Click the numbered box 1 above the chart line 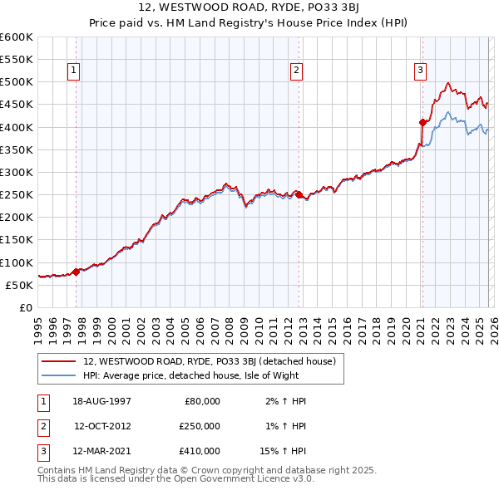coord(74,71)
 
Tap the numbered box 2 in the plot coord(296,71)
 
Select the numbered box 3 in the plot coord(421,71)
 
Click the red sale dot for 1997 coord(77,271)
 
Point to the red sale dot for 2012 coord(299,194)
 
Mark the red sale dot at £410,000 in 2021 coord(422,122)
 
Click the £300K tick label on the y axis coord(17,172)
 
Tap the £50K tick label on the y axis coord(19,285)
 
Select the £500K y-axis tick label coord(17,82)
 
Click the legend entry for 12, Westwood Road coord(210,361)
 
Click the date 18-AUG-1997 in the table coord(103,401)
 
